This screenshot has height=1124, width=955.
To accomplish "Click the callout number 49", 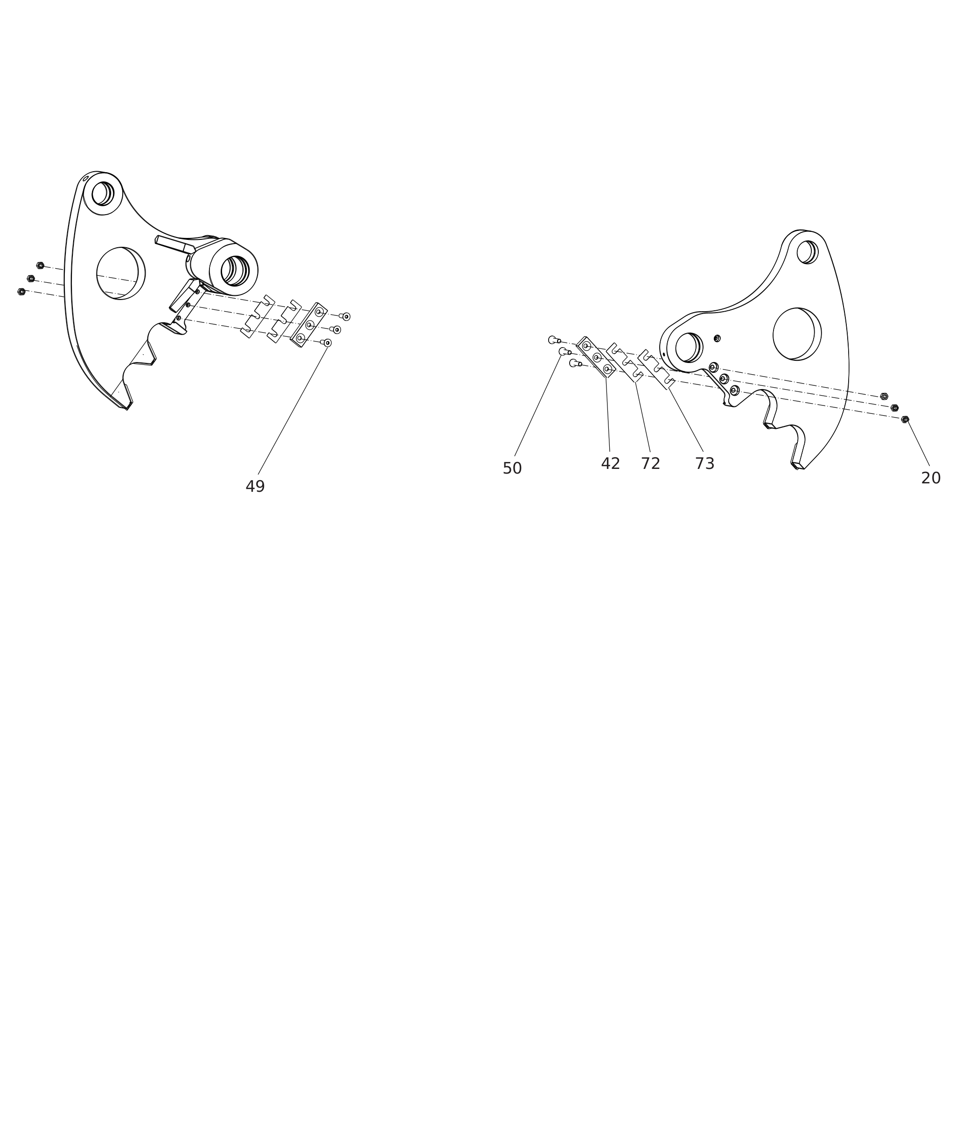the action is pos(255,487).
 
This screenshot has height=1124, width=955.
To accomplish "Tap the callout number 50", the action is pos(512,468).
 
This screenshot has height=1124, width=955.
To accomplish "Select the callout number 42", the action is pos(610,463).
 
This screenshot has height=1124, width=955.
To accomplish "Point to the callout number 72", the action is pos(651,463).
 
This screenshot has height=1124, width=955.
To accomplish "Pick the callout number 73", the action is pos(705,463).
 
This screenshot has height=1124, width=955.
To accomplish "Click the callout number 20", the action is pos(931,478).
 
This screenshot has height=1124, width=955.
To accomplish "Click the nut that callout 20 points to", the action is pos(905,419).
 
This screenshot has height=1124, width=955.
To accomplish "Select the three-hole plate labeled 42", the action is pos(595,357).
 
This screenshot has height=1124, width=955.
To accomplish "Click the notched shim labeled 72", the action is pos(625,362).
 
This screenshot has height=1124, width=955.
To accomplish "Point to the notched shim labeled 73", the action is pos(656,369).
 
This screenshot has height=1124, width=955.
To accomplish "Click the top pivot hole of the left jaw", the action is pos(102,194).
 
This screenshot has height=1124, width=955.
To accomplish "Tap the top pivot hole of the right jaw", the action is pos(807,252).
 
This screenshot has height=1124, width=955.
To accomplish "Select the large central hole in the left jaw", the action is pos(121,273).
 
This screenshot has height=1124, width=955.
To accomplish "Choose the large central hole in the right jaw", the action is pos(797,334).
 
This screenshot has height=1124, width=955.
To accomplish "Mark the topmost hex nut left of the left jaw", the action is pos(40,265).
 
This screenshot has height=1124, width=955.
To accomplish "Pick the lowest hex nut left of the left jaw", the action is pos(21,292).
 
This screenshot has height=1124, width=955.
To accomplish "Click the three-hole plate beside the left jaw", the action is pos(308,325).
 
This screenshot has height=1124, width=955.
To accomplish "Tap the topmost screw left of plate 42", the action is pos(554,340).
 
